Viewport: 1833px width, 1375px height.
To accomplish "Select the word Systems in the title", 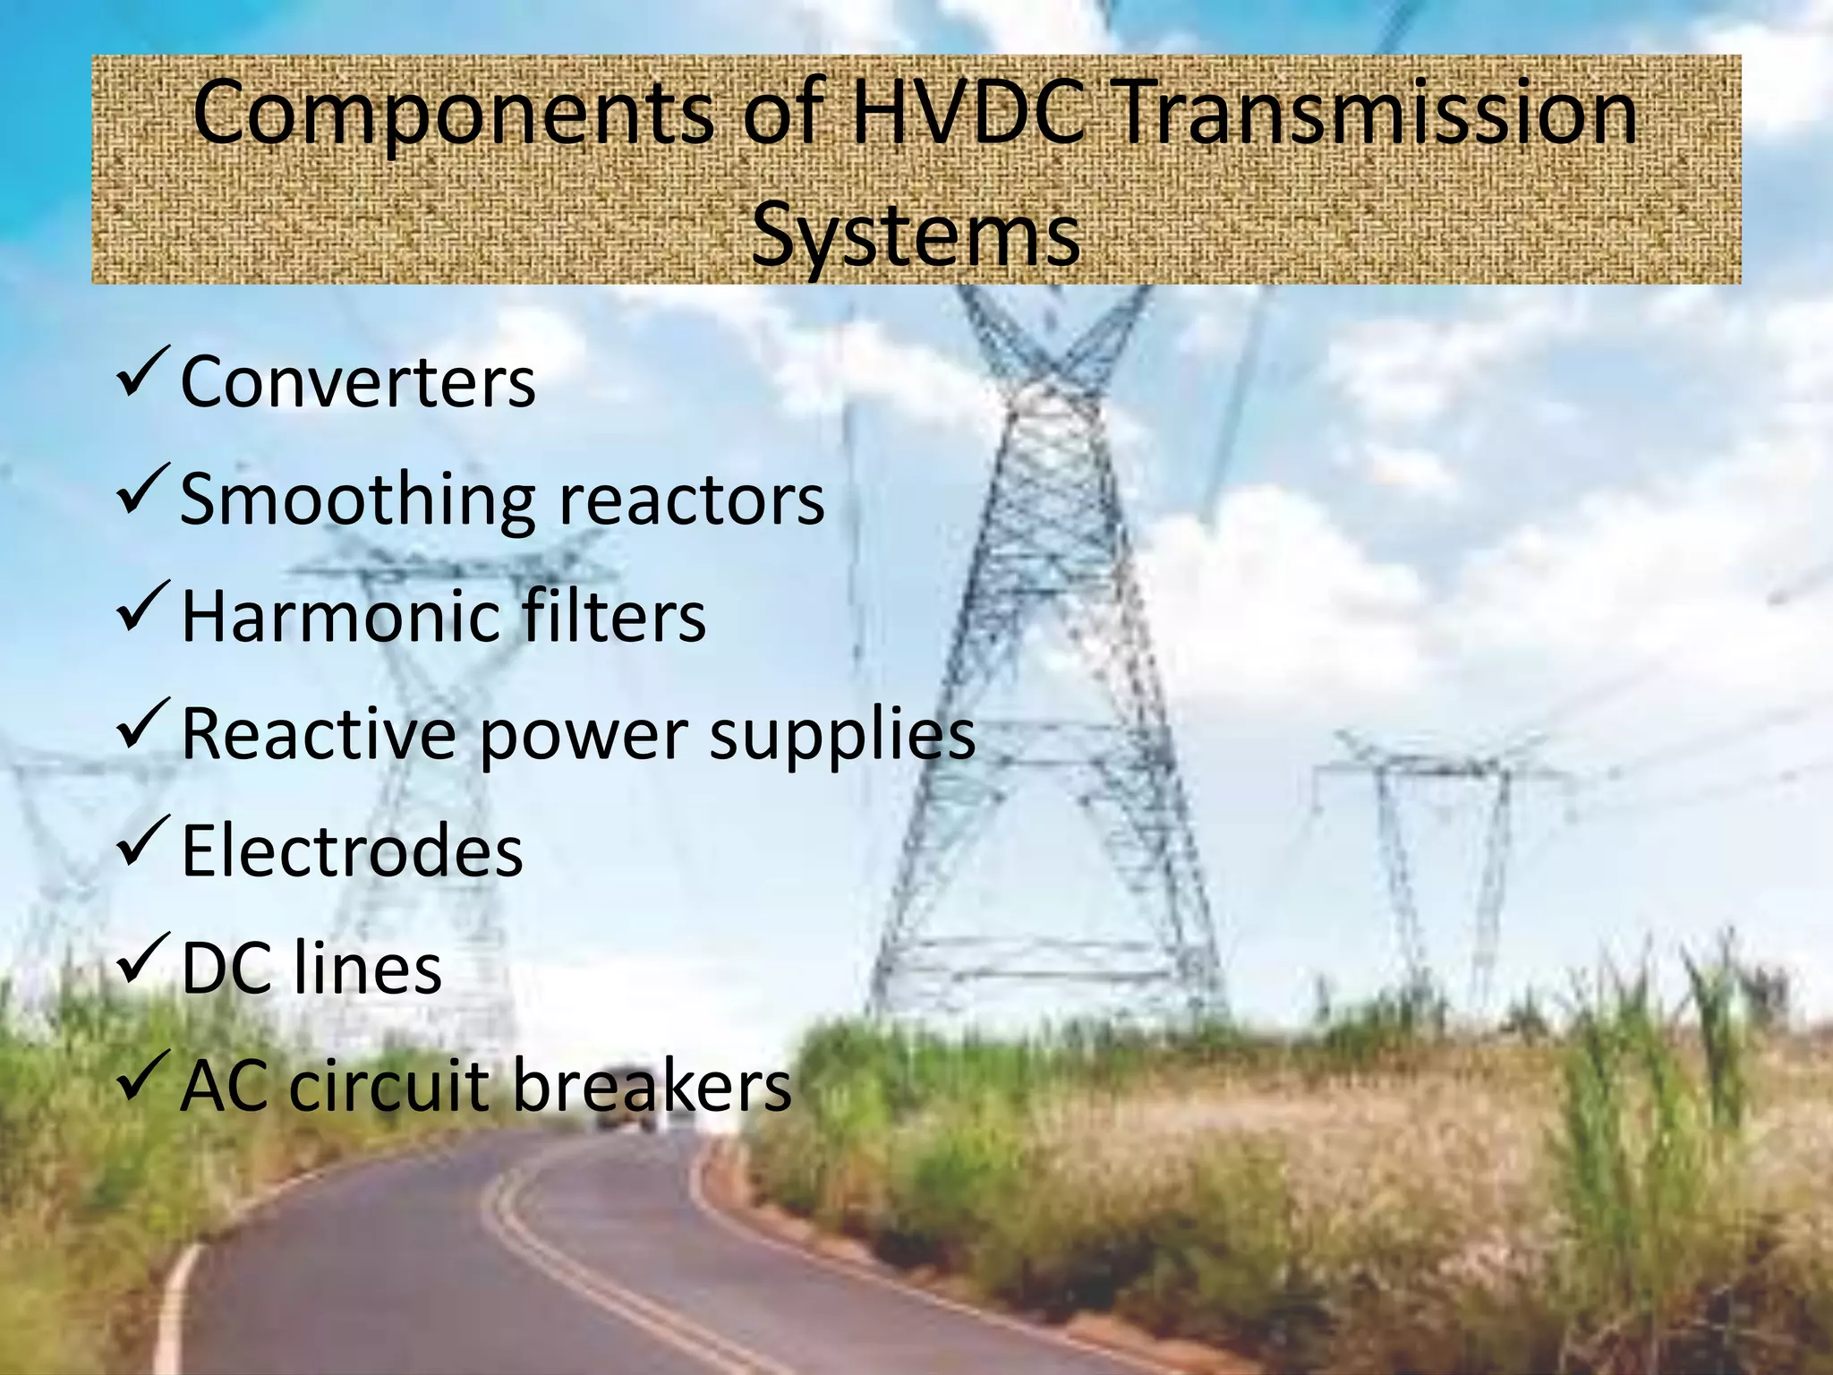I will (916, 234).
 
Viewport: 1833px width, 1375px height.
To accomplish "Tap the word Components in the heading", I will (453, 115).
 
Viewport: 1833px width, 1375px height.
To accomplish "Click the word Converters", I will (358, 382).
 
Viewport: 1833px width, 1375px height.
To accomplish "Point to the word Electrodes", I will (352, 851).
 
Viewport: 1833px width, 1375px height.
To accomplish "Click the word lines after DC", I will (368, 969).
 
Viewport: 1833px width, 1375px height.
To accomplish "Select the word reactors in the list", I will (691, 500).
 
